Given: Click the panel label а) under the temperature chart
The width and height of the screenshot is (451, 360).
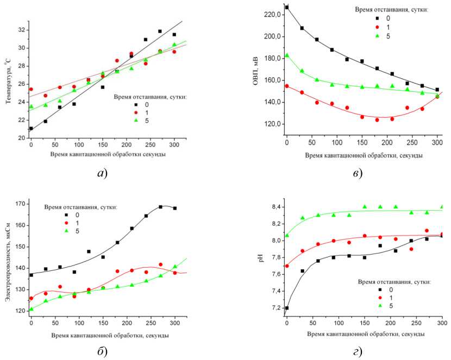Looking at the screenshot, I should tap(102, 174).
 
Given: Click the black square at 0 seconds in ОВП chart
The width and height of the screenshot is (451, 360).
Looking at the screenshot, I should tap(287, 7).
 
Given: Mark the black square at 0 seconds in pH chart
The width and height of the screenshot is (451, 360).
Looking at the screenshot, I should tap(287, 308).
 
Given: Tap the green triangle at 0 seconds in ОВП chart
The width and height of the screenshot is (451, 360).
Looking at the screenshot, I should tap(287, 55).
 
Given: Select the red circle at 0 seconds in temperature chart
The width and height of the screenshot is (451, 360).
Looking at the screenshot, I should tap(31, 89).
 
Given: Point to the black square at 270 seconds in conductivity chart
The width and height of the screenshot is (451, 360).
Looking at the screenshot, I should tap(160, 207).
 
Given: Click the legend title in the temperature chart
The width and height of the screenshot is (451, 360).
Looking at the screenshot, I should tap(151, 97).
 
